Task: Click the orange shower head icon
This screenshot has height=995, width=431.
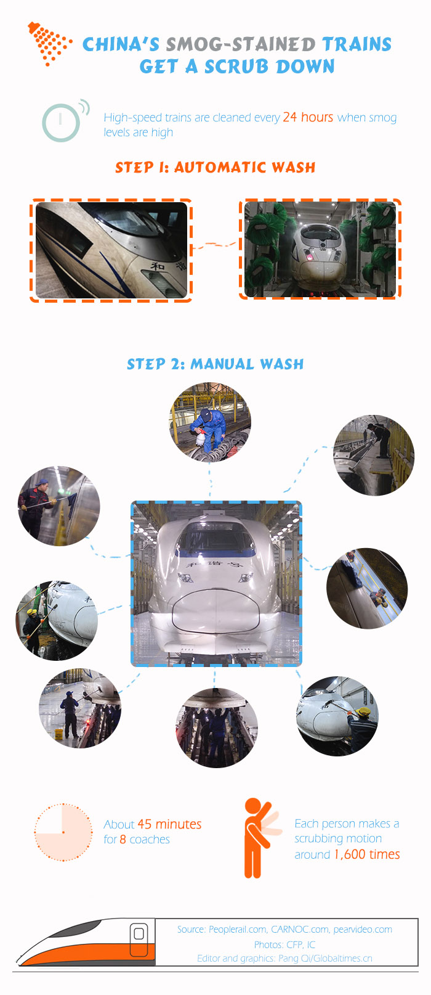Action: pos(48,44)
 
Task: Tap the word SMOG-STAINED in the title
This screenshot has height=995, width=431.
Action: pos(240,44)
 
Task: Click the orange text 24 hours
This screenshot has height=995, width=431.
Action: pos(308,117)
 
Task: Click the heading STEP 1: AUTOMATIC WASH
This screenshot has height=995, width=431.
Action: pos(216,167)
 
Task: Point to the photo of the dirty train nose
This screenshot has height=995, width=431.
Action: pos(111,250)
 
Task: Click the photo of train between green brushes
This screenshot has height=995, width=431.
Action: pos(320,249)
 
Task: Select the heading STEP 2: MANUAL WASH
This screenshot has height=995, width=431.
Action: pos(216,364)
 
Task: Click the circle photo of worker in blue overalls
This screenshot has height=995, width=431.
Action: pos(211,422)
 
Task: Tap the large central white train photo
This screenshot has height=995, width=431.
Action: pos(216,584)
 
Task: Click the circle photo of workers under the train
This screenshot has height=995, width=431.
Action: pos(217,727)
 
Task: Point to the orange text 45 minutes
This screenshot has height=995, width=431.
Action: pos(169,824)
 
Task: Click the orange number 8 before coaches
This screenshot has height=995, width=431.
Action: pos(123,839)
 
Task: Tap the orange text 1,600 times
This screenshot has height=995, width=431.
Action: pos(367,854)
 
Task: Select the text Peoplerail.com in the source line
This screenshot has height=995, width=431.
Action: pos(238,929)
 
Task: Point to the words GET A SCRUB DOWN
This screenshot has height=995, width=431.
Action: pos(237,67)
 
